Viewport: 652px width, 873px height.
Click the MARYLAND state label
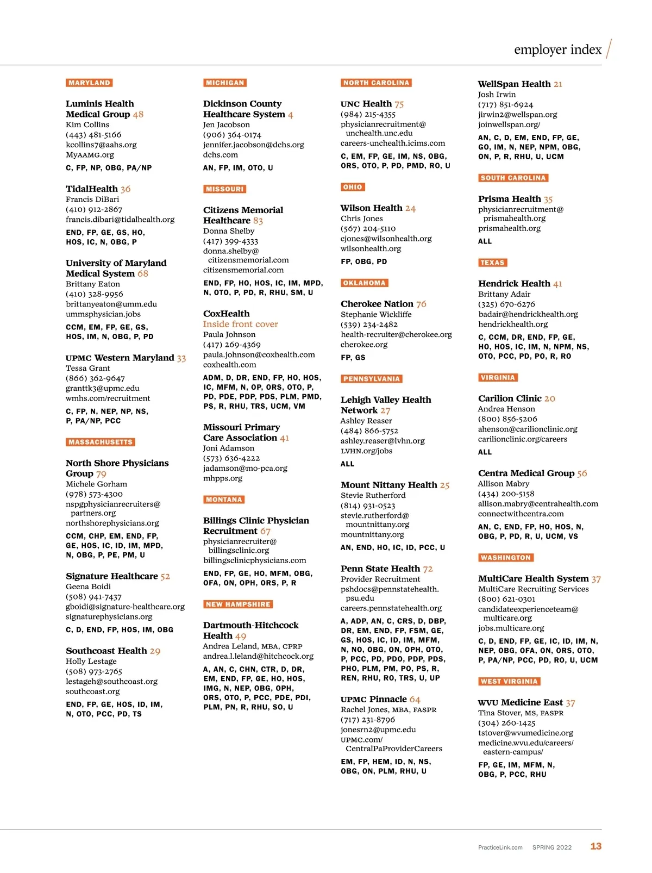(x=89, y=83)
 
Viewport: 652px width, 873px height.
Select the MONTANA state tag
(x=224, y=500)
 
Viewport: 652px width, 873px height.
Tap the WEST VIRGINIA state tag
(x=509, y=681)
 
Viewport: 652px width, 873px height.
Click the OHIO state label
(x=353, y=187)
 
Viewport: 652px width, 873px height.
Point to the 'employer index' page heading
(x=557, y=49)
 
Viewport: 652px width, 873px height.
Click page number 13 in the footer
(x=595, y=846)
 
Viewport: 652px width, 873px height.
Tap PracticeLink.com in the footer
(x=500, y=847)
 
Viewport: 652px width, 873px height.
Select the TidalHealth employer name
(x=92, y=189)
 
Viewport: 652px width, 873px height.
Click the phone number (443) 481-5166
(x=93, y=135)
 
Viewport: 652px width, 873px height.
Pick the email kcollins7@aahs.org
(x=101, y=145)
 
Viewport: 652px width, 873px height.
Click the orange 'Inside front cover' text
(x=240, y=324)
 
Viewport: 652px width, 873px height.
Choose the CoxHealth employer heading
(x=226, y=314)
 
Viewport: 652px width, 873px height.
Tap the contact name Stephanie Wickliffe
(x=376, y=314)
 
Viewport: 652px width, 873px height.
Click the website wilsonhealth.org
(x=371, y=248)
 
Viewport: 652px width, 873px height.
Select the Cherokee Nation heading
(x=377, y=304)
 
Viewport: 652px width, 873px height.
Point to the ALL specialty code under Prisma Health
(x=485, y=241)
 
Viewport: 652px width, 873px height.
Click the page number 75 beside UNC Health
(x=399, y=104)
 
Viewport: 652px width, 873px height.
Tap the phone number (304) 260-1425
(x=506, y=723)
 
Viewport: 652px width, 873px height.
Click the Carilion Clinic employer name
(x=510, y=398)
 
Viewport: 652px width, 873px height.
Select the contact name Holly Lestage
(x=91, y=661)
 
